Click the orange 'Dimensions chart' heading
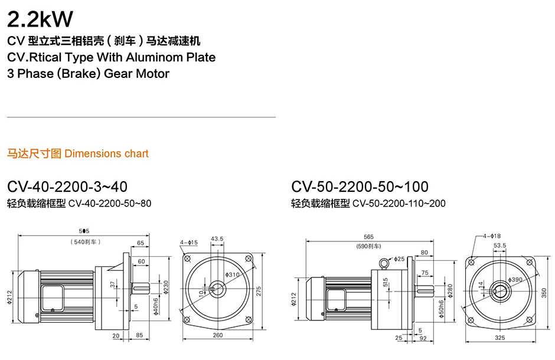pos(106,153)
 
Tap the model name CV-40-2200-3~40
pos(67,187)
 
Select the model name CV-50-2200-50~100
pos(360,187)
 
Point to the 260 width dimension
pos(218,335)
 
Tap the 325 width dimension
pos(500,338)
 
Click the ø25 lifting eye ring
pos(384,263)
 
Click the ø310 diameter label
pos(232,275)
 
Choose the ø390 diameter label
pos(515,279)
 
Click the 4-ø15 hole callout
pos(189,242)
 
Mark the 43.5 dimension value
pos(217,238)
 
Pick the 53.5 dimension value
pos(500,245)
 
